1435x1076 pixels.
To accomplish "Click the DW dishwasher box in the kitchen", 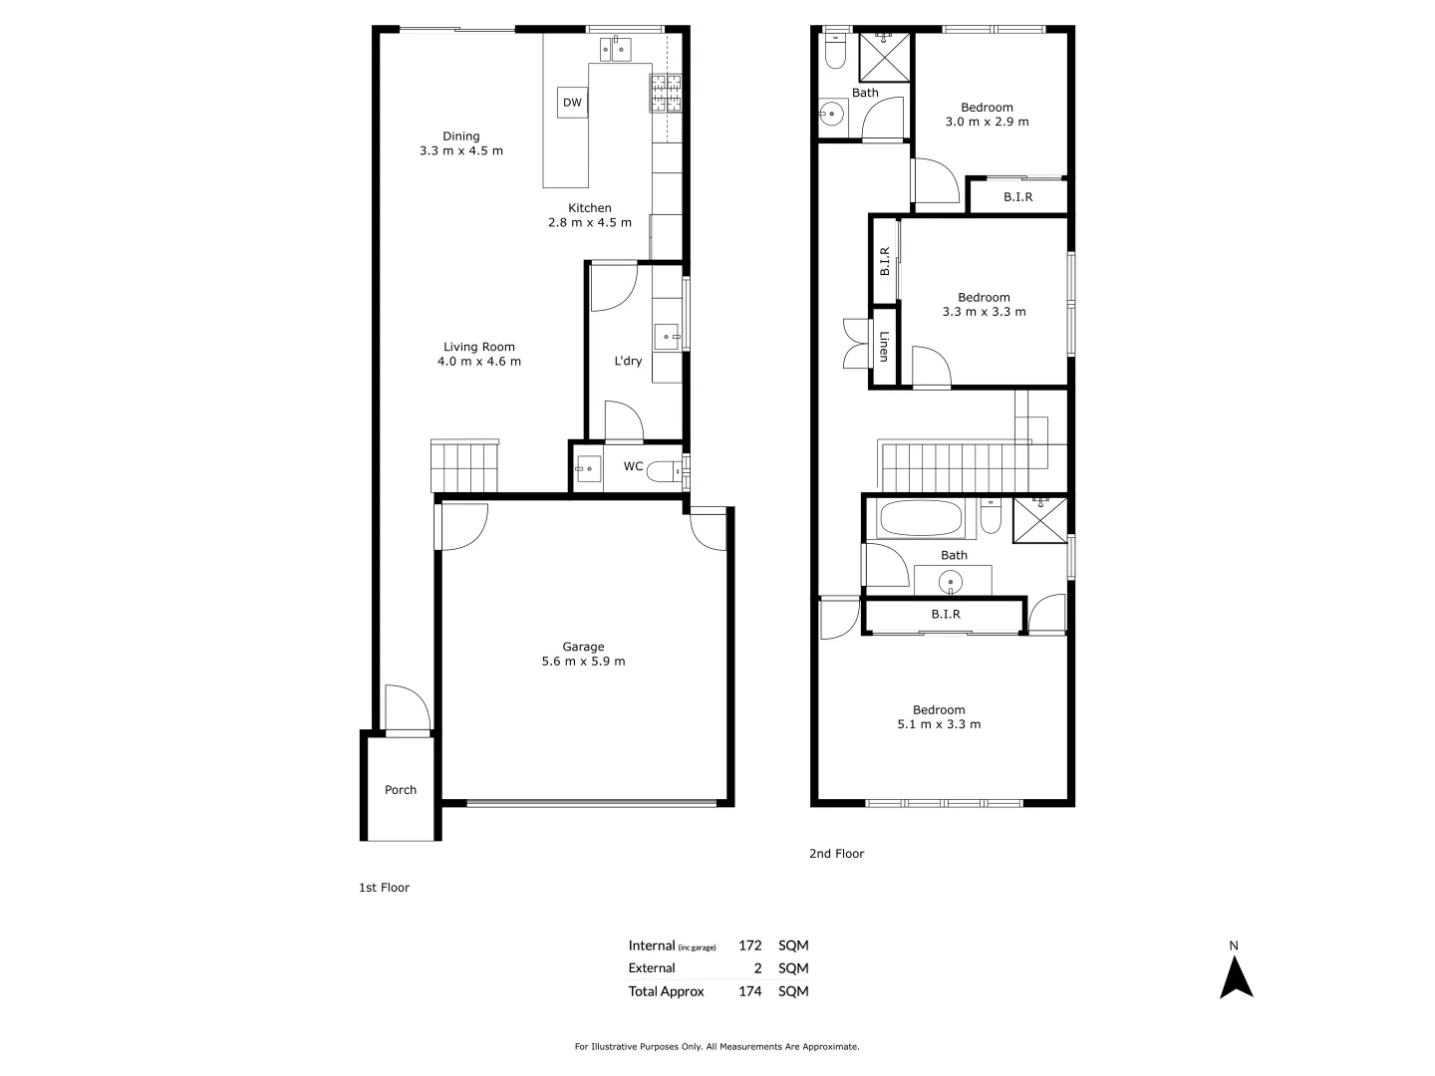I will (x=572, y=103).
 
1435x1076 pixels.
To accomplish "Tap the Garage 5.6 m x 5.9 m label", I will (x=583, y=654).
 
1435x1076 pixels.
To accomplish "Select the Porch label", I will (x=401, y=790).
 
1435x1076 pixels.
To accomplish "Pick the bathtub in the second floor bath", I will (x=920, y=519).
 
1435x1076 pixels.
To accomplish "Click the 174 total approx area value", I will (x=749, y=991).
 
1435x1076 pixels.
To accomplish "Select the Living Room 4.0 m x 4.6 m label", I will (x=479, y=355).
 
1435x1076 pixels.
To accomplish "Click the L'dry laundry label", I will (x=628, y=361).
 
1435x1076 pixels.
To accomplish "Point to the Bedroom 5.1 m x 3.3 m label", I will (x=939, y=717).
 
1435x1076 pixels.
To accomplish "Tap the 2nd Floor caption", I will (x=836, y=854).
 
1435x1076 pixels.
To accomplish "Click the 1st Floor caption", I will (x=384, y=888).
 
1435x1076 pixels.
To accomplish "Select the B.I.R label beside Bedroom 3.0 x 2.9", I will (x=1017, y=197).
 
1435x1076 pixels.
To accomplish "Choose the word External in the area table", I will (x=652, y=968).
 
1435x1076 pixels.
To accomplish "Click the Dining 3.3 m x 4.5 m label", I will (x=461, y=143).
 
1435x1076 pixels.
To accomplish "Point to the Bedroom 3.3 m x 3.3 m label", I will (x=984, y=304).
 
